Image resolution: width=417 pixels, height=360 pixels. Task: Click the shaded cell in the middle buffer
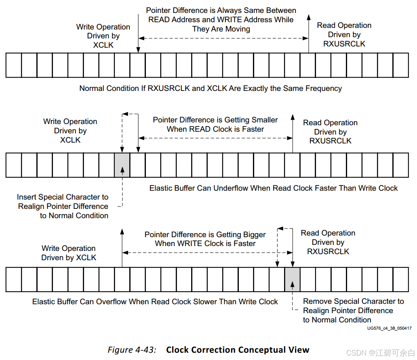pos(122,165)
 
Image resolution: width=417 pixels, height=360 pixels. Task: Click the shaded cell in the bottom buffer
pos(292,280)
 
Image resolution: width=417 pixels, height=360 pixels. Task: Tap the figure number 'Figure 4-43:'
pos(132,350)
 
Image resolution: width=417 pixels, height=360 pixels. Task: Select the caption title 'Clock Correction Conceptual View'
pos(238,350)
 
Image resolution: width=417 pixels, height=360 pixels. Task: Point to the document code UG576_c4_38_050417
pos(389,328)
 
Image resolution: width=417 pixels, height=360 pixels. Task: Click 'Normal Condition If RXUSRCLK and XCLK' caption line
pos(211,88)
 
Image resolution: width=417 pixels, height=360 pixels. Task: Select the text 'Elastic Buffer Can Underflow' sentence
pos(274,188)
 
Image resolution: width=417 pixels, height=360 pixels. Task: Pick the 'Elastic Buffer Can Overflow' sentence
pos(155,302)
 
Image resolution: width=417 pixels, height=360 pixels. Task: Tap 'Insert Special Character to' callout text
pos(63,197)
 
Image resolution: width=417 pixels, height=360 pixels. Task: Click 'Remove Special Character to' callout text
pos(353,301)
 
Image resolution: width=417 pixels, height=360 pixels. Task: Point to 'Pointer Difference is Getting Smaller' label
pos(215,120)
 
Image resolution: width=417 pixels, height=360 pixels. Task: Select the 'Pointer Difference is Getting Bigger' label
pos(205,235)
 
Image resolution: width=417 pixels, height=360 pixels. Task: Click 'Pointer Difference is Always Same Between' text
pos(221,11)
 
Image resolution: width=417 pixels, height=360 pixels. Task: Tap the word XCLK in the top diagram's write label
pos(103,45)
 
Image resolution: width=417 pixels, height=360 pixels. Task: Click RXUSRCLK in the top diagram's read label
pos(344,44)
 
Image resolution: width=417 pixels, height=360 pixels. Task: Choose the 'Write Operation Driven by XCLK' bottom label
pos(69,253)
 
